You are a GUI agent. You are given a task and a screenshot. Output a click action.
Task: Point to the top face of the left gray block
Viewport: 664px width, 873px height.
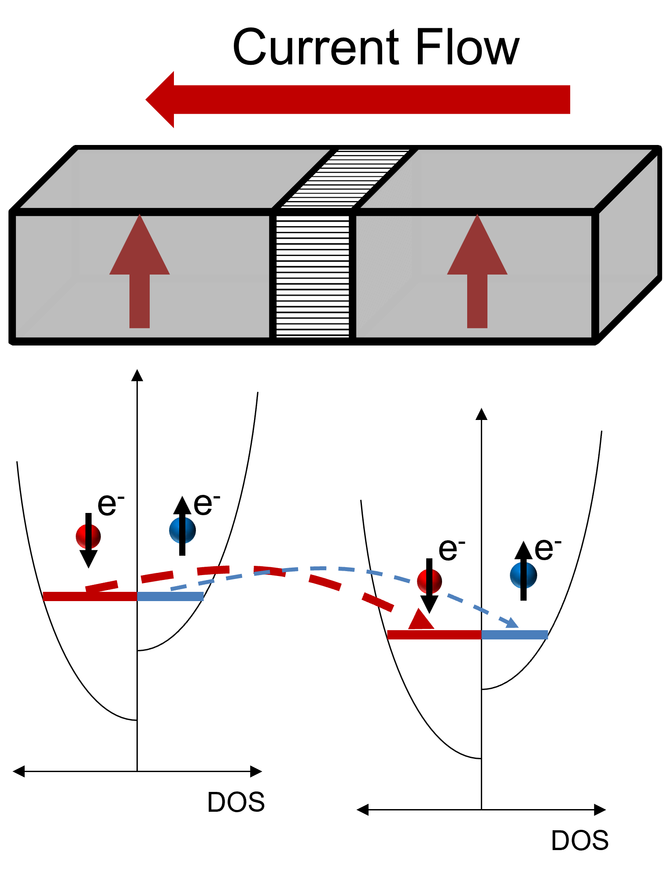pos(176,179)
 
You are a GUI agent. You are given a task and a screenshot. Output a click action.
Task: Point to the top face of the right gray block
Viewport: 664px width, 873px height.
pos(506,179)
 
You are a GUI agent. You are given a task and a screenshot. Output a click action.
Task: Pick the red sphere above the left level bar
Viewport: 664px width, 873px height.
pos(88,536)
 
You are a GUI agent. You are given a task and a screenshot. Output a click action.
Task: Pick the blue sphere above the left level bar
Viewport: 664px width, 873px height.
pos(182,530)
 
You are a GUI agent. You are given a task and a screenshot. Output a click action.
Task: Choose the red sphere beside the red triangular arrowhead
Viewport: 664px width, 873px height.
pos(429,581)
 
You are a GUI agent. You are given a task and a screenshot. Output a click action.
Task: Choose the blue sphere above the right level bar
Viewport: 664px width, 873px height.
pos(524,575)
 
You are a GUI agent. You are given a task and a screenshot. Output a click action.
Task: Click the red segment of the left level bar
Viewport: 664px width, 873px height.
pos(90,596)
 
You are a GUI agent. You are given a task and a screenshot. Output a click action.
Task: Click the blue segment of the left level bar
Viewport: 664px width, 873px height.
pos(170,596)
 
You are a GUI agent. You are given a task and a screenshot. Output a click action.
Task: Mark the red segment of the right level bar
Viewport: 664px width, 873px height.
pos(434,635)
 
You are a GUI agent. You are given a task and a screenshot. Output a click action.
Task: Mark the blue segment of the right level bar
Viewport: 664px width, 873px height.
pos(515,635)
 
